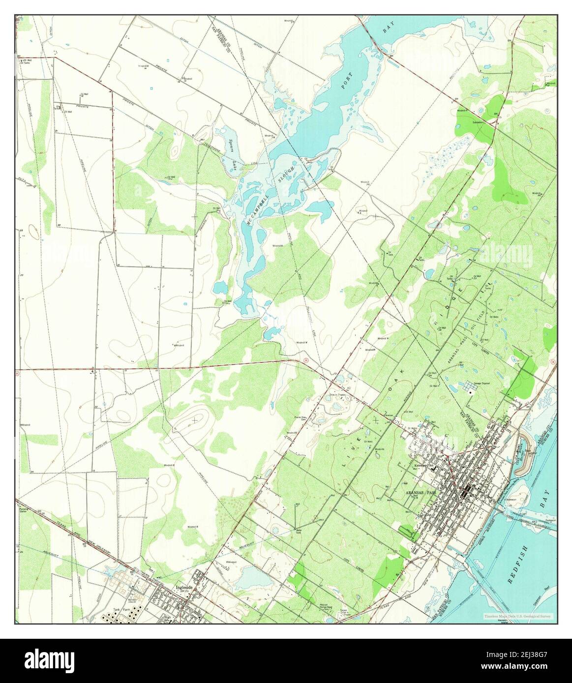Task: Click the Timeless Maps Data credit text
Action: (x=517, y=616)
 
